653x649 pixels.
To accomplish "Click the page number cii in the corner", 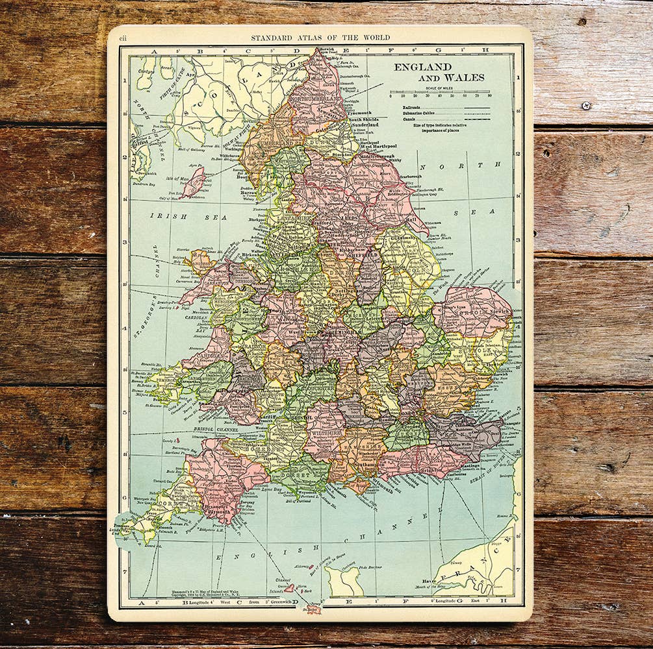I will pyautogui.click(x=123, y=39).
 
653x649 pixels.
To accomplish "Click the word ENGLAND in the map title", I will pyautogui.click(x=422, y=67).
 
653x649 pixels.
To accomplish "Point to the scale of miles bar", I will pyautogui.click(x=439, y=92).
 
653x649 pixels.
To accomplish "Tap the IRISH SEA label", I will pyautogui.click(x=188, y=217).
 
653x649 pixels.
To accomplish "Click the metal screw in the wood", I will pyautogui.click(x=586, y=105).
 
